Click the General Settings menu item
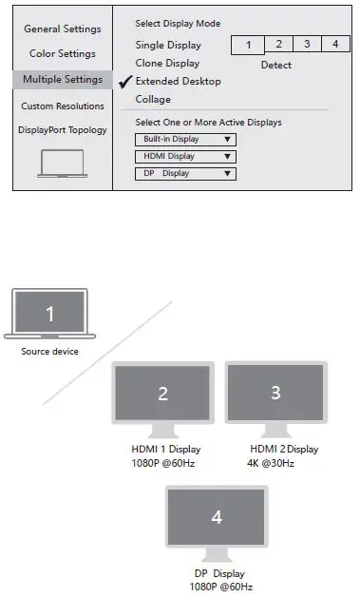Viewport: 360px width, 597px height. (x=62, y=29)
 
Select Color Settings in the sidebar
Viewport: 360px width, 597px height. (x=62, y=54)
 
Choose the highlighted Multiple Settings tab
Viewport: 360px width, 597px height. (x=63, y=80)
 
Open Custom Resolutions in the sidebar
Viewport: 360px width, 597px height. (x=63, y=106)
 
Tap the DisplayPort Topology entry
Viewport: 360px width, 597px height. (x=63, y=130)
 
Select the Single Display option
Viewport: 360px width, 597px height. (x=168, y=45)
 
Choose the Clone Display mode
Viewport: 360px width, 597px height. (x=167, y=63)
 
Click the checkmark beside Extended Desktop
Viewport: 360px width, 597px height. (x=123, y=81)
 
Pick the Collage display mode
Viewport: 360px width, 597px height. (x=153, y=99)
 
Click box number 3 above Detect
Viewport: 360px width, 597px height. (x=306, y=45)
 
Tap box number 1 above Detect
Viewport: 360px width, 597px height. (x=248, y=45)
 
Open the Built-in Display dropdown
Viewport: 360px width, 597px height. (x=185, y=139)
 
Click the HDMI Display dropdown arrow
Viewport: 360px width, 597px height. (x=227, y=156)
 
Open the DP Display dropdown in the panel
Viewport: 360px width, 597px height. (x=185, y=173)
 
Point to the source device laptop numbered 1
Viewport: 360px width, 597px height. (x=51, y=315)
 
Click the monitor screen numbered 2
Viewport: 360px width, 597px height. (x=162, y=395)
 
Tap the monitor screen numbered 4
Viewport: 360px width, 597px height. (x=217, y=519)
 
